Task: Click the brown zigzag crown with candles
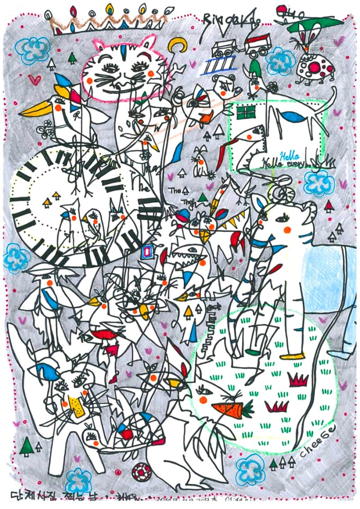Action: [108, 22]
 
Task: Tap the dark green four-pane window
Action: [246, 112]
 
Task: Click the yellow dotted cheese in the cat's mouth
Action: [77, 407]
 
